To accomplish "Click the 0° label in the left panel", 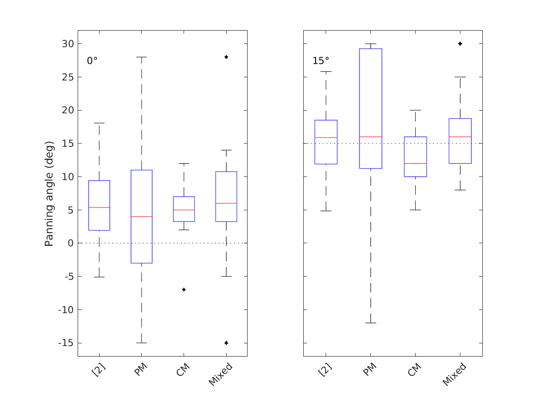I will pyautogui.click(x=92, y=61).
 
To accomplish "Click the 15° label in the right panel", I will pyautogui.click(x=320, y=61).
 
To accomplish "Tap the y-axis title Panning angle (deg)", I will pyautogui.click(x=49, y=194).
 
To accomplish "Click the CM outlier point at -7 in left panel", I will pyautogui.click(x=184, y=289).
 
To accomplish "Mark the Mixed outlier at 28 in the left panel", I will pyautogui.click(x=226, y=57).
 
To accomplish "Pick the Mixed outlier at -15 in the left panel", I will pyautogui.click(x=226, y=343).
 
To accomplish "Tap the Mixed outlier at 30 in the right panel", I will pyautogui.click(x=460, y=44).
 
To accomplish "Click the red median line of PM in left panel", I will pyautogui.click(x=142, y=216).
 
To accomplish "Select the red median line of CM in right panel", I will pyautogui.click(x=415, y=163).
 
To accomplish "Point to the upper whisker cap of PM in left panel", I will pyautogui.click(x=142, y=57).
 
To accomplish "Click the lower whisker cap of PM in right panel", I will pyautogui.click(x=370, y=323).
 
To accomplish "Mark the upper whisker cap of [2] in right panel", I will pyautogui.click(x=326, y=71).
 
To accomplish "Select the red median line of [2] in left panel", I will pyautogui.click(x=99, y=208).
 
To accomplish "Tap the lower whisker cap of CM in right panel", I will pyautogui.click(x=415, y=210).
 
